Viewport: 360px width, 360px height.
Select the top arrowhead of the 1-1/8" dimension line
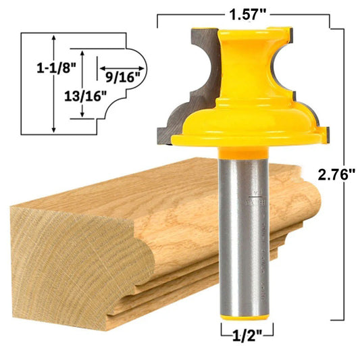[53, 38]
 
